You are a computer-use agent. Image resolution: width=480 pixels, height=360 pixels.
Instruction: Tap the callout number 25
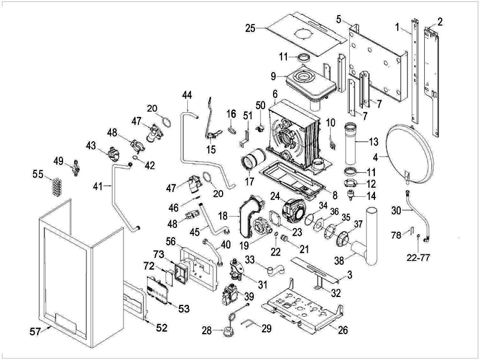point(251,28)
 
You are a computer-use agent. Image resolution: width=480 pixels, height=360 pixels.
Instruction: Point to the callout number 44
point(187,95)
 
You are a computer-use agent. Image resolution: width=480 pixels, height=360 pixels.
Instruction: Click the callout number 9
point(273,76)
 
